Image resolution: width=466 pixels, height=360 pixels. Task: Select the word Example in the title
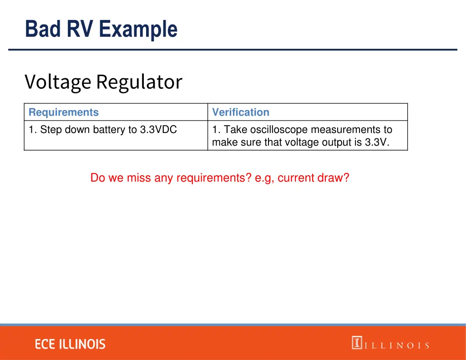coord(137,29)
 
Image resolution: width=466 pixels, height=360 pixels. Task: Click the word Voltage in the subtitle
coord(58,82)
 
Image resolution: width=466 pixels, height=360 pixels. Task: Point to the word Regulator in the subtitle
coord(139,82)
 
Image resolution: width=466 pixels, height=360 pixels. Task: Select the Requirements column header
coord(63,112)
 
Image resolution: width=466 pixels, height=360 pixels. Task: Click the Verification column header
coord(241,112)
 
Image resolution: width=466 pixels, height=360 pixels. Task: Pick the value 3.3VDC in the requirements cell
coord(158,130)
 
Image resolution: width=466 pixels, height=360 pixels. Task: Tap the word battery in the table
coord(109,130)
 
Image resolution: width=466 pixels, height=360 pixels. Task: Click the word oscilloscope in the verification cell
coord(279,130)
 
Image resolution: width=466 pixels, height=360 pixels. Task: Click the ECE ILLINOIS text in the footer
coord(70,345)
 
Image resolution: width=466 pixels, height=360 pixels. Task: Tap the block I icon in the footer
coord(357,343)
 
